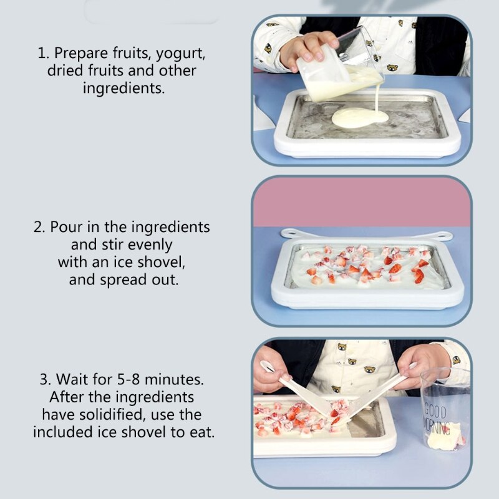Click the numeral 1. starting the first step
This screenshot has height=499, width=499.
click(x=43, y=53)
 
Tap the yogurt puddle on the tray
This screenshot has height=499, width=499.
click(x=359, y=118)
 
